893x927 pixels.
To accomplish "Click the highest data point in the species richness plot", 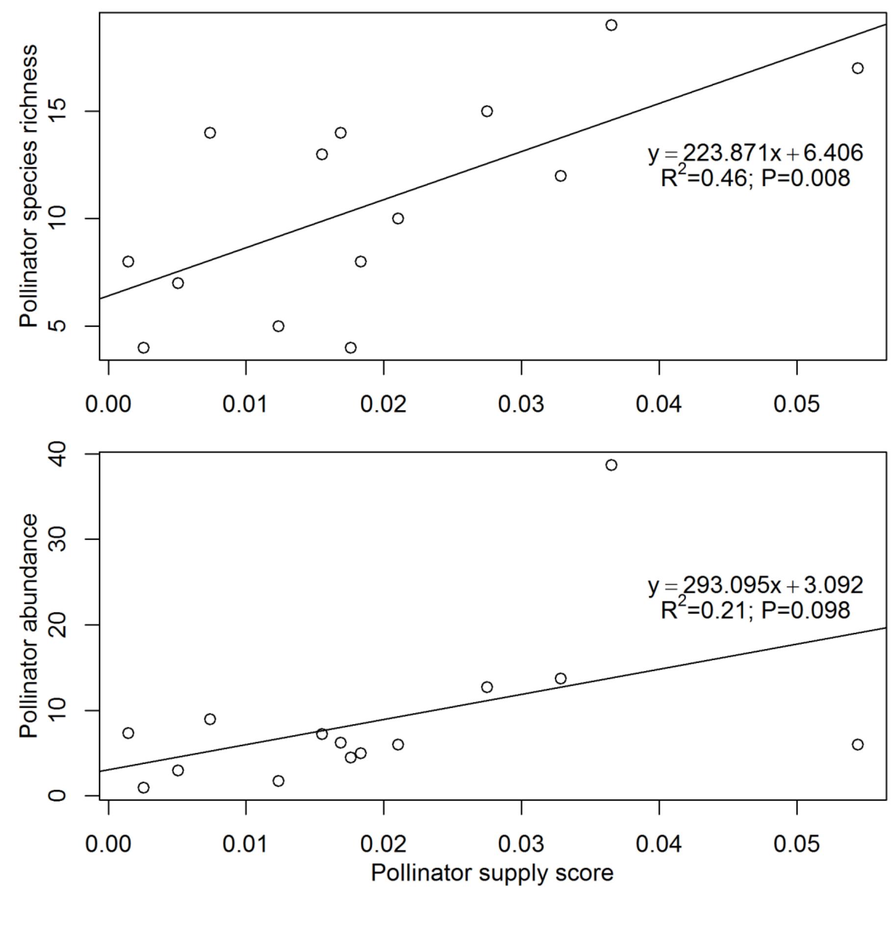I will click(x=611, y=25).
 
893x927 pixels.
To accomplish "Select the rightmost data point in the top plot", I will click(x=857, y=68).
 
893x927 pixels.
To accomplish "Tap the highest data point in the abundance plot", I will click(x=611, y=465).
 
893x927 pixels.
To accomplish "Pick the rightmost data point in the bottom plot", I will click(x=857, y=745).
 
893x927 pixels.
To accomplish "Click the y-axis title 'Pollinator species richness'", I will click(x=28, y=186).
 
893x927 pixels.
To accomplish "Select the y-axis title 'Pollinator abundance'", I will click(x=28, y=625).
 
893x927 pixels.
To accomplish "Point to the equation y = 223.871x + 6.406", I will click(x=755, y=153).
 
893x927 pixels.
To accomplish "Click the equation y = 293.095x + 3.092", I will click(x=755, y=585).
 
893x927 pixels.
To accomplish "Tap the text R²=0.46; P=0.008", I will click(x=755, y=178).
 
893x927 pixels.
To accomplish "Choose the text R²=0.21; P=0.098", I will click(x=755, y=610).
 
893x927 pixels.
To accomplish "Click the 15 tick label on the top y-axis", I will click(x=57, y=111).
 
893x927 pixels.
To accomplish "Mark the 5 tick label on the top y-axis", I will click(x=57, y=326).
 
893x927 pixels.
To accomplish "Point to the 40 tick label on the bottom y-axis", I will click(x=57, y=454).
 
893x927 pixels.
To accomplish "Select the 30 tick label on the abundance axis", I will click(x=57, y=540).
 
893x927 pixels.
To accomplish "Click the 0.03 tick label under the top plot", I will click(x=521, y=405).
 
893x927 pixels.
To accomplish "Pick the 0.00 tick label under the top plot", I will click(x=108, y=405).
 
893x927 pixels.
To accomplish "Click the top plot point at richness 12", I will click(x=561, y=176).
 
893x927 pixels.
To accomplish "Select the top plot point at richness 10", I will click(x=398, y=218).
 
